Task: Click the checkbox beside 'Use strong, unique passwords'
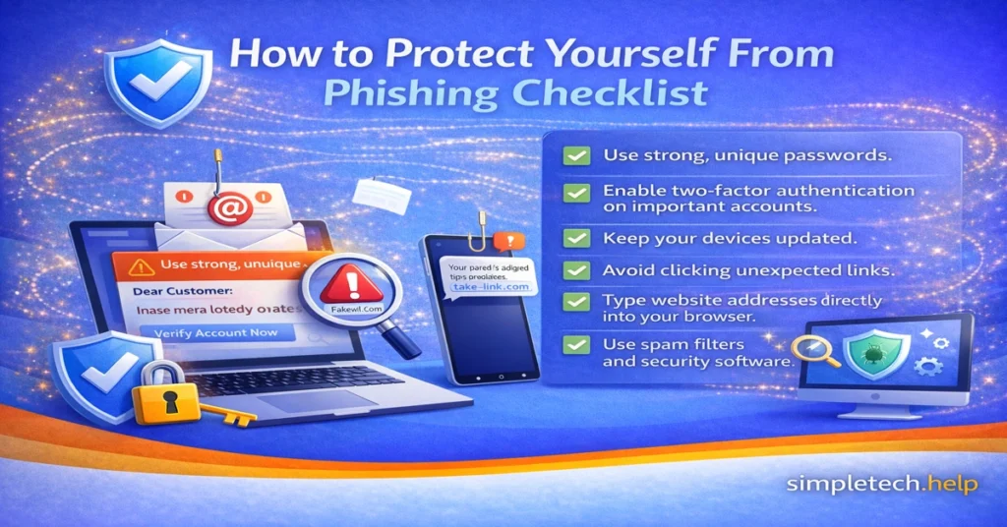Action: (577, 155)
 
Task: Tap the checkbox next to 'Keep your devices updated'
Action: (577, 238)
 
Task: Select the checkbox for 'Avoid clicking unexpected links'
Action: (577, 269)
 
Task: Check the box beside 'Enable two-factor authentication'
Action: (577, 191)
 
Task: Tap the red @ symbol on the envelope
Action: (225, 207)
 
